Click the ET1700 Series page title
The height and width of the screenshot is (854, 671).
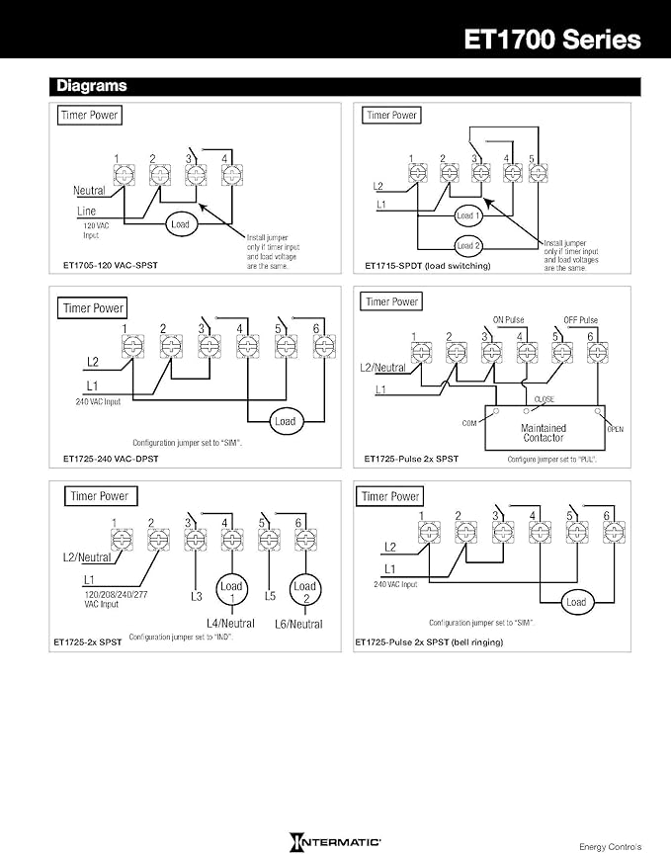(x=553, y=39)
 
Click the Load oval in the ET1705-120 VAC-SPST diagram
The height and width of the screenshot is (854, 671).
(x=180, y=224)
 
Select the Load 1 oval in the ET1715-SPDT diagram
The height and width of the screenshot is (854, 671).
(x=467, y=214)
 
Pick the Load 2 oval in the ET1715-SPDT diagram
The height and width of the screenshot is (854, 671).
(x=467, y=245)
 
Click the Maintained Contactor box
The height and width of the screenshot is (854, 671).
(x=543, y=431)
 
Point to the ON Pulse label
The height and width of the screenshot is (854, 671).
(x=512, y=320)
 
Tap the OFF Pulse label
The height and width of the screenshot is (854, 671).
(x=580, y=320)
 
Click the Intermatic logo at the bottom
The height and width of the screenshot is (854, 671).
(x=336, y=841)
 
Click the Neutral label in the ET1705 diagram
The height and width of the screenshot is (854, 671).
(x=89, y=190)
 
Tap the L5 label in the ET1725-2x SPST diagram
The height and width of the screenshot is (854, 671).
(x=270, y=597)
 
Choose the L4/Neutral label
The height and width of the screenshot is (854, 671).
(x=230, y=623)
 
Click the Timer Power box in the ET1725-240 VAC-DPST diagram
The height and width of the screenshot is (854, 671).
(x=94, y=307)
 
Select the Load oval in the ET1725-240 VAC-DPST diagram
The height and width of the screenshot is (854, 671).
(x=285, y=421)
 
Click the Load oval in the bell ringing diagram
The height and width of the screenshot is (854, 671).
(x=575, y=601)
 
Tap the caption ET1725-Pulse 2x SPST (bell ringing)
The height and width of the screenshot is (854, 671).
(x=429, y=642)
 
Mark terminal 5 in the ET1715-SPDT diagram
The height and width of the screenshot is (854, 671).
(x=538, y=172)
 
